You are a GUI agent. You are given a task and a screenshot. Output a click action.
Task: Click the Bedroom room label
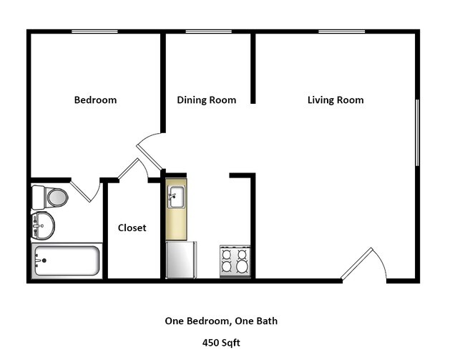click(x=95, y=100)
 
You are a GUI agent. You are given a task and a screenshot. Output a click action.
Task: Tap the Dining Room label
click(x=206, y=100)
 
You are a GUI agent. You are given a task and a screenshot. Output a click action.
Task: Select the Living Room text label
click(x=336, y=100)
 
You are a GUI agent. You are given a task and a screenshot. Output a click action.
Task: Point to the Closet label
click(x=132, y=228)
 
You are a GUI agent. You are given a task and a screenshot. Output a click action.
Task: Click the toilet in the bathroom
click(x=50, y=197)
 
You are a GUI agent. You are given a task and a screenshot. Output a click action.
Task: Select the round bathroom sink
click(x=43, y=225)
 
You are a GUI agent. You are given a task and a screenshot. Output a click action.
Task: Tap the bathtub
click(x=67, y=261)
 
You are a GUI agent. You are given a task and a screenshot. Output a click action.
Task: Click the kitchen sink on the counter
click(x=176, y=196)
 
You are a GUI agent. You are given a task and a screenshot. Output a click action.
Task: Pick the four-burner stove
click(x=235, y=261)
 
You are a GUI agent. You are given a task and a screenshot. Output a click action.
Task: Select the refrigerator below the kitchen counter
click(x=181, y=260)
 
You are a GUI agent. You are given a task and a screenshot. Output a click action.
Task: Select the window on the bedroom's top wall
click(x=94, y=31)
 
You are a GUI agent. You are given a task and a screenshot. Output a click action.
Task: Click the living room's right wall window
click(x=417, y=133)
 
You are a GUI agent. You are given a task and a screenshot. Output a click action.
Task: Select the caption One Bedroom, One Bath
click(x=221, y=321)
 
